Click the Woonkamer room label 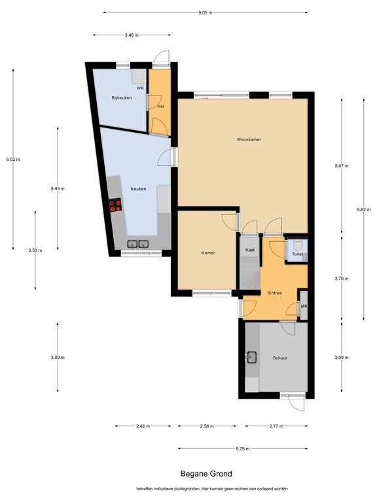pos(249,140)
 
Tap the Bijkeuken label pos(122,98)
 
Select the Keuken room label pos(139,189)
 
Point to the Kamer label pos(208,253)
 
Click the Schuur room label pos(280,358)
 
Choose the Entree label pos(275,293)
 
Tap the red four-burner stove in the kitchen pos(115,205)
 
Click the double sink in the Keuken pos(138,244)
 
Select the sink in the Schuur pos(251,358)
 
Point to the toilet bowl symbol pos(298,245)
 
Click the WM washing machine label pos(140,88)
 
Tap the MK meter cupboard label pos(304,307)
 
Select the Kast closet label pos(250,250)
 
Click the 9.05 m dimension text pos(205,13)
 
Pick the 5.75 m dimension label pos(243,449)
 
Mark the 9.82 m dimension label pos(363,210)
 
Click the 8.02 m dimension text pos(13,159)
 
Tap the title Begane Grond pos(206,474)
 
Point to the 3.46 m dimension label pos(132,35)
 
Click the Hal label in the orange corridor pos(161,107)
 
